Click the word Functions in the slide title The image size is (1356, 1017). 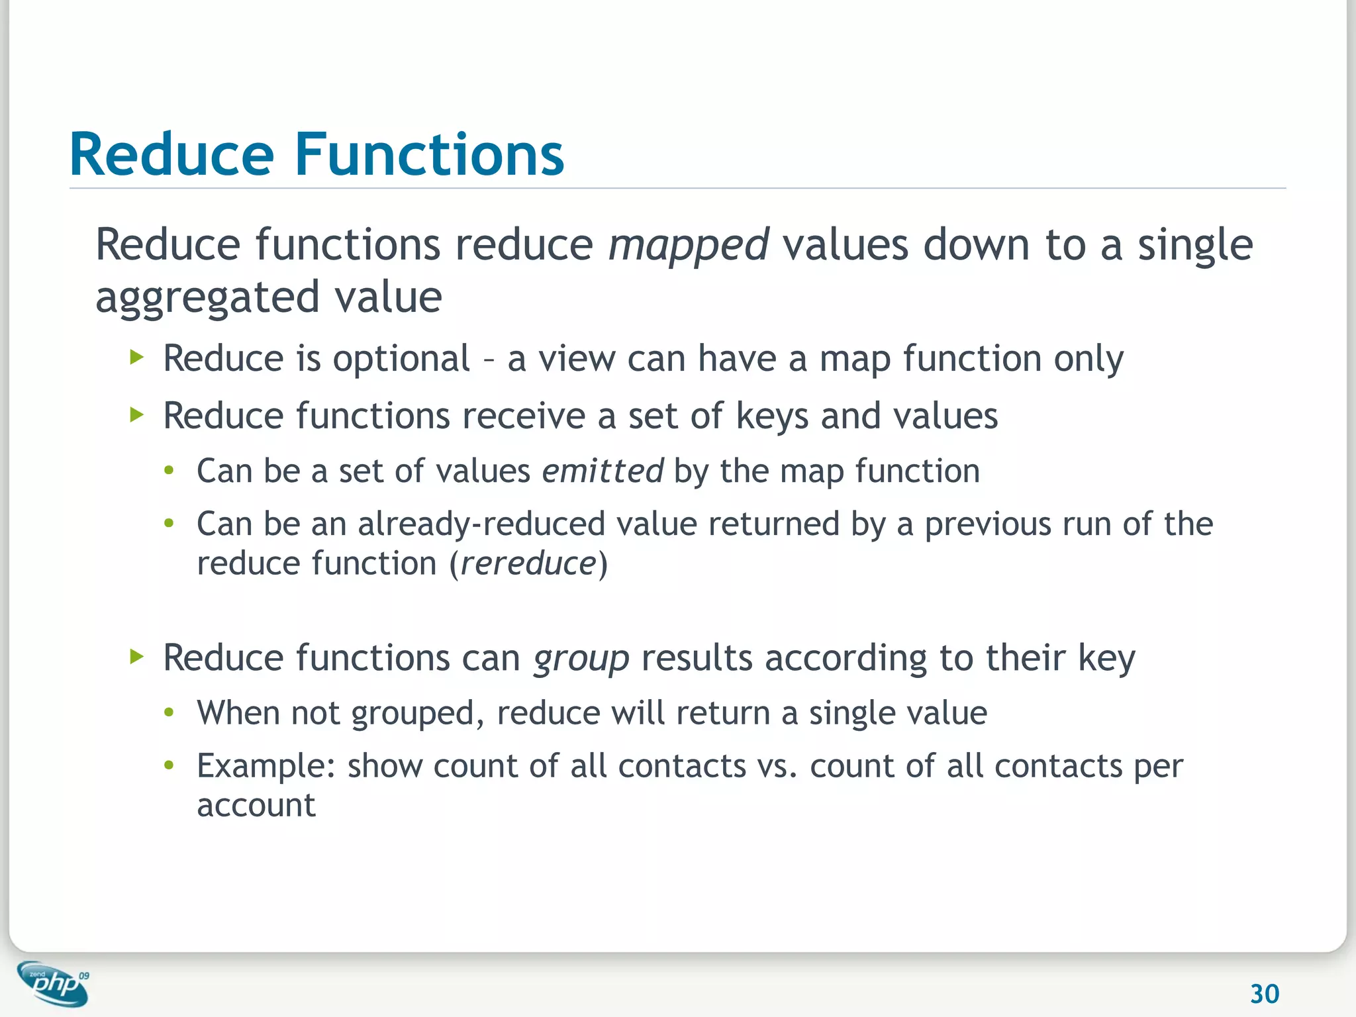pyautogui.click(x=429, y=155)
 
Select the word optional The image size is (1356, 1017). pyautogui.click(x=401, y=360)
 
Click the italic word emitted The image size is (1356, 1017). pyautogui.click(x=603, y=471)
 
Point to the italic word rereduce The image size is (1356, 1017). pyautogui.click(x=528, y=564)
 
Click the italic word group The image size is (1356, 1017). pyautogui.click(x=581, y=659)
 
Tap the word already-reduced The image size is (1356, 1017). pyautogui.click(x=481, y=524)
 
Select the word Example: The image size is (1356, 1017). pyautogui.click(x=266, y=767)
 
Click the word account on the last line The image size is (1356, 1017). pyautogui.click(x=256, y=806)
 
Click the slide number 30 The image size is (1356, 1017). pyautogui.click(x=1264, y=994)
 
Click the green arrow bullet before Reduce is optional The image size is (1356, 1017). pyautogui.click(x=137, y=358)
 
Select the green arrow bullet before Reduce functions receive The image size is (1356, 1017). pyautogui.click(x=137, y=415)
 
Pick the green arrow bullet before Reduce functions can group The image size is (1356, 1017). pyautogui.click(x=137, y=657)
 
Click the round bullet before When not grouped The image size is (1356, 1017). pyautogui.click(x=169, y=712)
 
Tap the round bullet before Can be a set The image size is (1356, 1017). pyautogui.click(x=169, y=471)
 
